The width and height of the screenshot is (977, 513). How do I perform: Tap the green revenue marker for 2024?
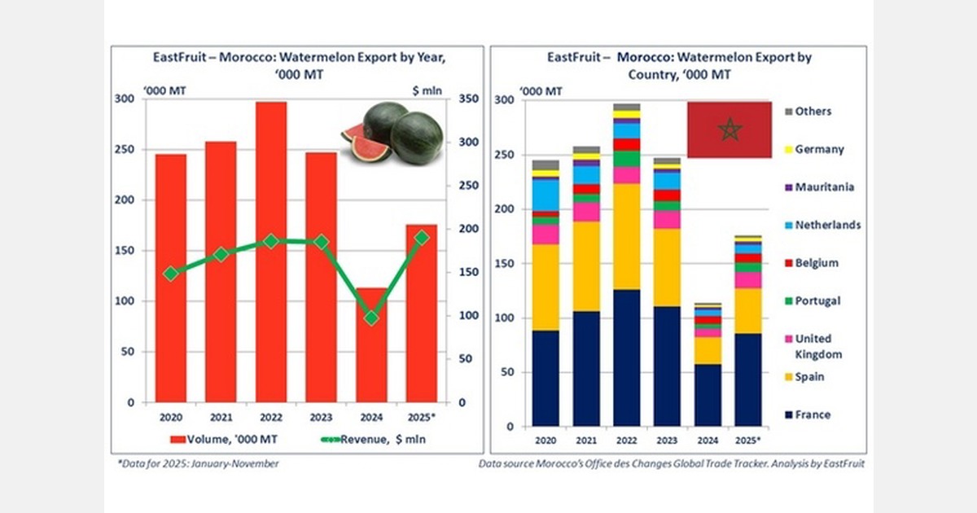click(370, 318)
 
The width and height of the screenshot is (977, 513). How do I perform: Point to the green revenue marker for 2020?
click(171, 274)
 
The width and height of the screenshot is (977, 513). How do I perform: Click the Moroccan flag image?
click(729, 129)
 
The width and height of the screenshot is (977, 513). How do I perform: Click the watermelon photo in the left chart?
click(392, 133)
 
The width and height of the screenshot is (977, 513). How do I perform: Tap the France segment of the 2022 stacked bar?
click(627, 358)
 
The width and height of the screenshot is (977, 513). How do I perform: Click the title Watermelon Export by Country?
click(679, 65)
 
